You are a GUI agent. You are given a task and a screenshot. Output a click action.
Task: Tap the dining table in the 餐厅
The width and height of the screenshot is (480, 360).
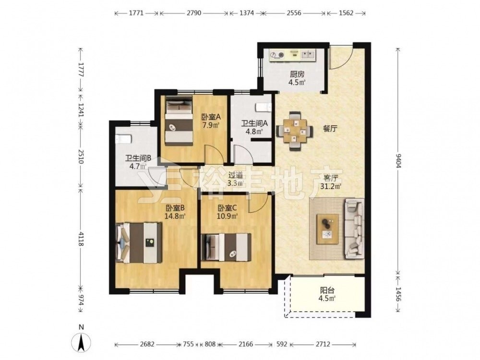tap(295, 131)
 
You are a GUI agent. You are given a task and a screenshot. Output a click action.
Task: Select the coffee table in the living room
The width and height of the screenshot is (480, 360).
tap(327, 229)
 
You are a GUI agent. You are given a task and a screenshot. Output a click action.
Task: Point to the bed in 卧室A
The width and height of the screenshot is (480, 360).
tap(179, 120)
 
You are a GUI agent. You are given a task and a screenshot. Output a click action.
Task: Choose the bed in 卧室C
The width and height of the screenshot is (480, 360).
tap(226, 247)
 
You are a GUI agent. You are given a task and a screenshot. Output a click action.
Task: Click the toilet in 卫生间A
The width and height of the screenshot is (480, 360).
tap(264, 108)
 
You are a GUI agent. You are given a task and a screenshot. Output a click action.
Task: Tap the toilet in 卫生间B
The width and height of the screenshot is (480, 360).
tap(123, 139)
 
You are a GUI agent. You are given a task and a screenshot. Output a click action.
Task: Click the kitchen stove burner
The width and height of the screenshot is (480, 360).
tap(277, 55)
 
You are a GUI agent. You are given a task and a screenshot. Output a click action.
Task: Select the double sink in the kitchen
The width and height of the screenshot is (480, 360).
tap(308, 55)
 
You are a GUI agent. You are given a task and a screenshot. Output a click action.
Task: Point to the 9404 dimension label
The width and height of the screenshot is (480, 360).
tap(398, 160)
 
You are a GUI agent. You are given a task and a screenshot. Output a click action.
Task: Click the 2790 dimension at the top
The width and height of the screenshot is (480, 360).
tap(194, 13)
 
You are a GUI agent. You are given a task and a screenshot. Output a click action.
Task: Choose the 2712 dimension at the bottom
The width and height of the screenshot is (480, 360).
tap(323, 344)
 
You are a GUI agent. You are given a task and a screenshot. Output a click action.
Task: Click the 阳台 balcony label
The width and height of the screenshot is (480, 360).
tap(327, 290)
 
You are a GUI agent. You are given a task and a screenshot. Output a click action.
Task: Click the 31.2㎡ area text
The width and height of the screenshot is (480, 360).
tap(331, 186)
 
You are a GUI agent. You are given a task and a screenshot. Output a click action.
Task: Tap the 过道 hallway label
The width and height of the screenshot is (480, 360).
tap(236, 175)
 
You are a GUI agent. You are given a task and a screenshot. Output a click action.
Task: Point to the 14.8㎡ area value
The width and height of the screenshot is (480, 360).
tap(175, 216)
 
